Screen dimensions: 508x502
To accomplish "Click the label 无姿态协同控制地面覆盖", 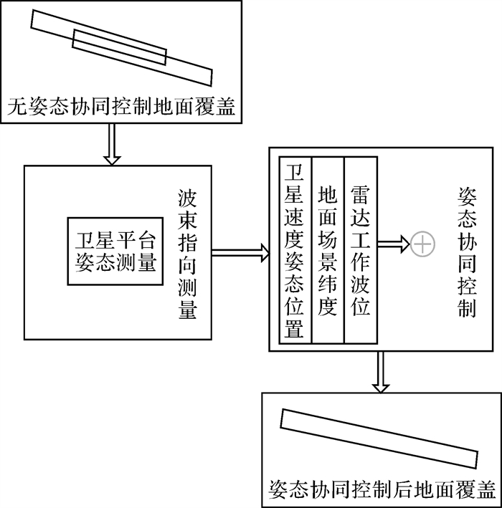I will pyautogui.click(x=122, y=108).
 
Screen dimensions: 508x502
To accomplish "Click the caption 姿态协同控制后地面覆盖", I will pyautogui.click(x=382, y=488).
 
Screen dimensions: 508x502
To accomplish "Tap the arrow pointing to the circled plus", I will pyautogui.click(x=393, y=244).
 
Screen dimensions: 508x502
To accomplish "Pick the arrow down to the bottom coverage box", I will pyautogui.click(x=381, y=373).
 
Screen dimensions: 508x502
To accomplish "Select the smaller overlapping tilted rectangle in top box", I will pyautogui.click(x=120, y=49).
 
